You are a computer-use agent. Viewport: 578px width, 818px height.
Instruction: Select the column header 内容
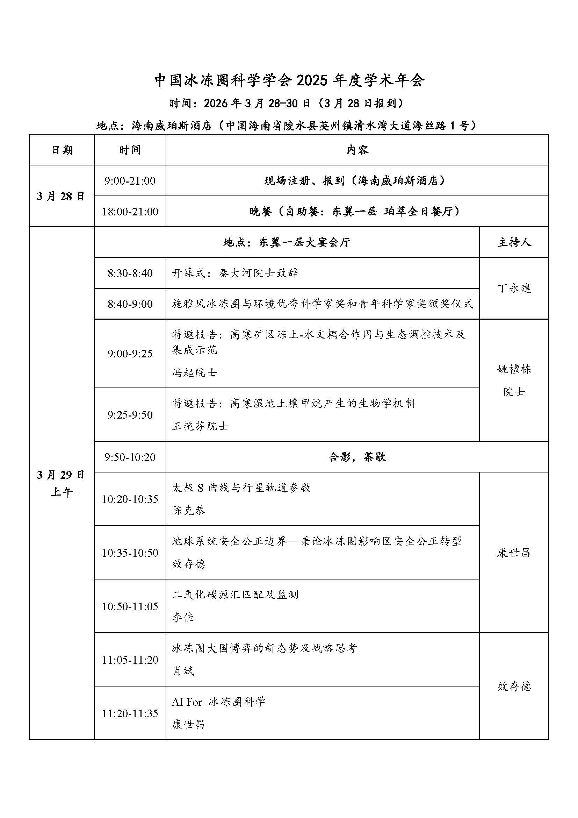[357, 150]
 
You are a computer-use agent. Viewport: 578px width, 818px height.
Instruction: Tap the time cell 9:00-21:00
[130, 180]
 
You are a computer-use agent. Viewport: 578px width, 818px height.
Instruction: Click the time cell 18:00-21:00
[130, 212]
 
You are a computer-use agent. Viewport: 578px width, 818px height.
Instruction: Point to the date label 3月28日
[61, 196]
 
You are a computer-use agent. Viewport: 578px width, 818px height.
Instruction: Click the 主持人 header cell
[514, 243]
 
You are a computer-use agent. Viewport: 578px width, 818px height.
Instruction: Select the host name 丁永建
[514, 288]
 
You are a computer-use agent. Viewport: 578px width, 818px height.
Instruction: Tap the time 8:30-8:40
[130, 273]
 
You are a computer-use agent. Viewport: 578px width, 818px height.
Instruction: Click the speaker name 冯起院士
[194, 373]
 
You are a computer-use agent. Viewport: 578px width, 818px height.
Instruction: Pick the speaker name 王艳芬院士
[200, 426]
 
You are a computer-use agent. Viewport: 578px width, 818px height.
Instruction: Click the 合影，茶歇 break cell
[357, 457]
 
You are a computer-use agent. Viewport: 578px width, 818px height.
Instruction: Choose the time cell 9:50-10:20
[130, 457]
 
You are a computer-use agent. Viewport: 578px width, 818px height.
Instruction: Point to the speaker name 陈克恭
[189, 511]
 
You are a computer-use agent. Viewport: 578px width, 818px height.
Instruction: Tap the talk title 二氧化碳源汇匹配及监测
[235, 595]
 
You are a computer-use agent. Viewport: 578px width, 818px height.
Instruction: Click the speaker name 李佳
[183, 617]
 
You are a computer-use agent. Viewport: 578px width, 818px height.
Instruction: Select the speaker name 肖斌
[183, 671]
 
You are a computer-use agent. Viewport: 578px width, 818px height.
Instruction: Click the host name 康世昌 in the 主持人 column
[514, 553]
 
